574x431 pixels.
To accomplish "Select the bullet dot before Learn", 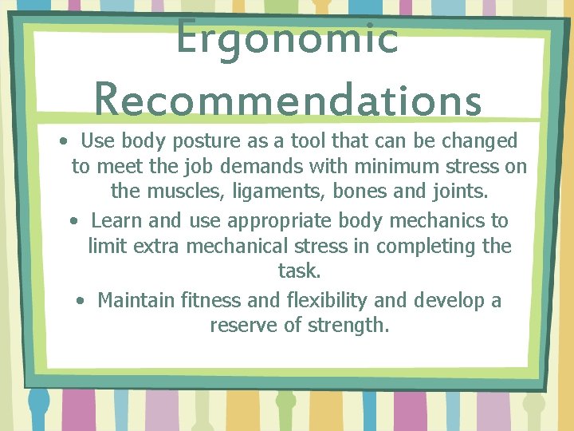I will pos(73,220).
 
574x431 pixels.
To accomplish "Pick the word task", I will pos(298,271).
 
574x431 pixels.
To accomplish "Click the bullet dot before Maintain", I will pos(81,301).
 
